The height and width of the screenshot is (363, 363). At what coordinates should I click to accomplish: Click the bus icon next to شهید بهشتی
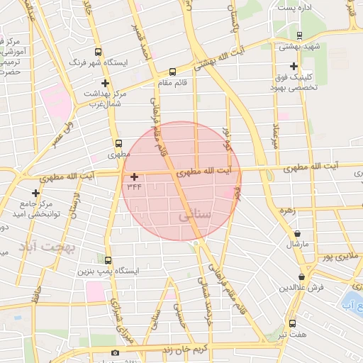point(298,35)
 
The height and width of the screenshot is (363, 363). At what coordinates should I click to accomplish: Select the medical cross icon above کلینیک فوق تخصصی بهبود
point(294,66)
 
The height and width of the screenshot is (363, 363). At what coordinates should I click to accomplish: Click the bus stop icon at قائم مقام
point(172,72)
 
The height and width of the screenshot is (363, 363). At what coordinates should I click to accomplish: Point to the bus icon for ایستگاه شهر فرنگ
point(98,52)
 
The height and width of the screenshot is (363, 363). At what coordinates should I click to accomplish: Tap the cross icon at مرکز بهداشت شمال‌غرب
point(105,83)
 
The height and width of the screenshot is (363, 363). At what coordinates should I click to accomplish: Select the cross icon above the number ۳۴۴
point(134,176)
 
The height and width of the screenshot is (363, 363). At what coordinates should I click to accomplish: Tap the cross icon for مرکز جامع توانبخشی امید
point(35,193)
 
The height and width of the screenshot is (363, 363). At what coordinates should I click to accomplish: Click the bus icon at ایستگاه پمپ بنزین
point(108,260)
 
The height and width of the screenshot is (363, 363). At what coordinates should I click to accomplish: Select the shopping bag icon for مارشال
point(296,233)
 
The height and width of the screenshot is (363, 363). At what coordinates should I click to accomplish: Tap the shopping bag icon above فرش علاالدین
point(302,277)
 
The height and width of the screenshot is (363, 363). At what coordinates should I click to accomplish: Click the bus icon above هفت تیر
point(291,323)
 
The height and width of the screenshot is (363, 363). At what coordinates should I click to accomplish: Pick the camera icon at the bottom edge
point(115,352)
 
